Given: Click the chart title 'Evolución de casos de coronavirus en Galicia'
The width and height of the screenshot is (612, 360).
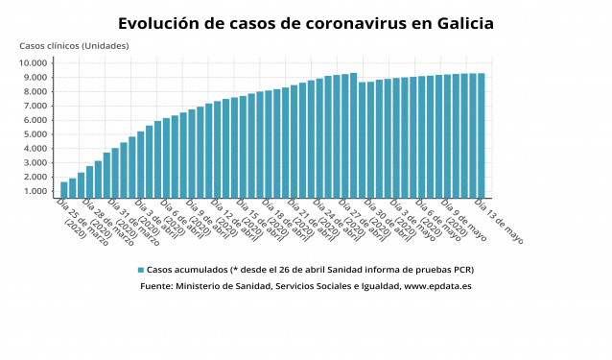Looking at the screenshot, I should [x=306, y=23].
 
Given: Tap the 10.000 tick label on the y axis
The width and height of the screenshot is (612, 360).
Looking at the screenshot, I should [x=35, y=63].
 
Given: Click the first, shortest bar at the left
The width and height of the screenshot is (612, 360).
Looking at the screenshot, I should [x=64, y=189].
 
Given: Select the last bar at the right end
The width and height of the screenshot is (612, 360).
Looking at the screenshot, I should [x=481, y=135].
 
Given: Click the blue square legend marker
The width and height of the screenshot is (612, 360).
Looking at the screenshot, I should [x=140, y=270].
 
